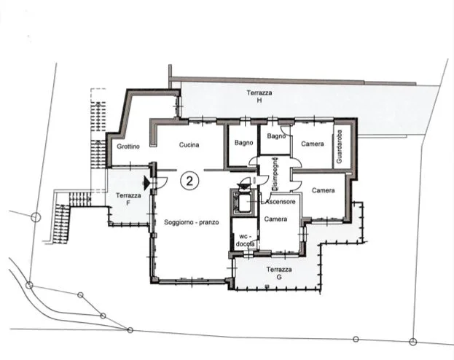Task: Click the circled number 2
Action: pyautogui.click(x=189, y=181)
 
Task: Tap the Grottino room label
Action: pyautogui.click(x=128, y=146)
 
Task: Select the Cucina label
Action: pyautogui.click(x=189, y=144)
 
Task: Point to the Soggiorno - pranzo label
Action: pyautogui.click(x=192, y=222)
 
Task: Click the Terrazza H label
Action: pyautogui.click(x=259, y=96)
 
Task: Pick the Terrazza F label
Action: pyautogui.click(x=128, y=199)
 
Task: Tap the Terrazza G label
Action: pyautogui.click(x=279, y=273)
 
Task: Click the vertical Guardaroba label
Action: pyautogui.click(x=340, y=146)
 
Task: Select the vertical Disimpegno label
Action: pyautogui.click(x=275, y=173)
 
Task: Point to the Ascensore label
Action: pyautogui.click(x=281, y=202)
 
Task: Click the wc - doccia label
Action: pyautogui.click(x=246, y=240)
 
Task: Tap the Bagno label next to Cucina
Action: pyautogui.click(x=244, y=143)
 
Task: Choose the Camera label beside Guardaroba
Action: pyautogui.click(x=313, y=144)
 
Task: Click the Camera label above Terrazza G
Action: pyautogui.click(x=275, y=219)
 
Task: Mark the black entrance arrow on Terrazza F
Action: pyautogui.click(x=146, y=183)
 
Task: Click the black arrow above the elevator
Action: pyautogui.click(x=244, y=185)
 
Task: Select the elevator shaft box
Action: pyautogui.click(x=243, y=202)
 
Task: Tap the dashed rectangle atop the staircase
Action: pyautogui.click(x=98, y=95)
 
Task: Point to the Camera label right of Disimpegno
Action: pyautogui.click(x=324, y=190)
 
